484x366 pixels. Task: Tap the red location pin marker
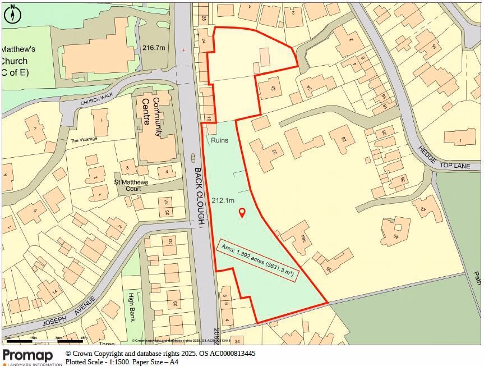coord(242,213)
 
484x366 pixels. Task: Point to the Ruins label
coord(219,140)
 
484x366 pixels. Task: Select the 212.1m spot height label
coord(223,200)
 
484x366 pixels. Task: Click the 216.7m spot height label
coord(154,48)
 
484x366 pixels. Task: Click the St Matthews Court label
coord(131,185)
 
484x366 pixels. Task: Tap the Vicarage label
coord(84,140)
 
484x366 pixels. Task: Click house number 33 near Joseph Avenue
coord(171,242)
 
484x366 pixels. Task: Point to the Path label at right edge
coord(477,277)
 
